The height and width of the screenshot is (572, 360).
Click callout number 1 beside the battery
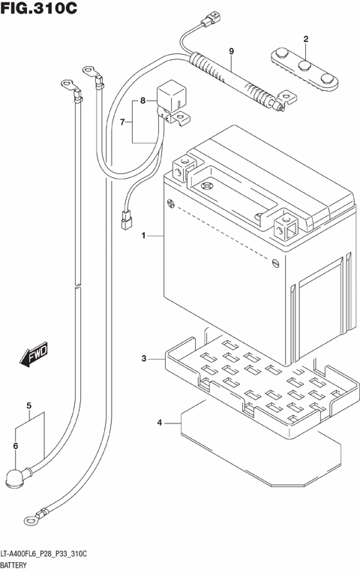tap(142, 236)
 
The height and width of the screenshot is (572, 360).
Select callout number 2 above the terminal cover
tap(306, 38)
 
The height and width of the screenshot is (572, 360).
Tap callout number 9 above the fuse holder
tap(231, 50)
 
